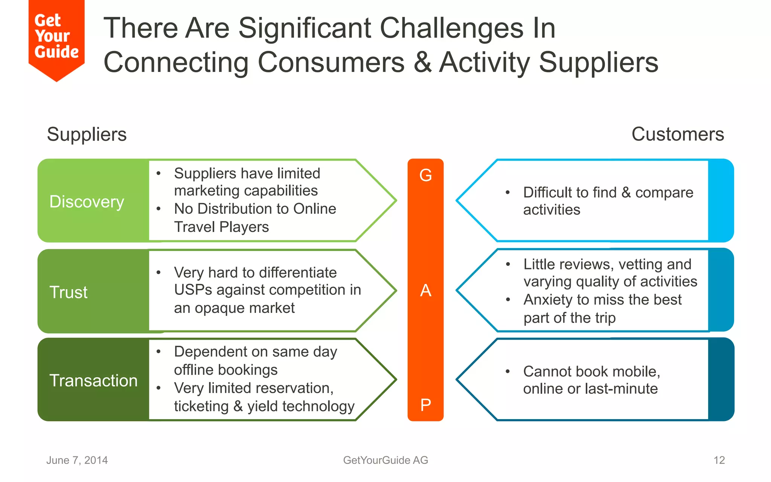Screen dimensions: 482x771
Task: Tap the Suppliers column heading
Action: (x=87, y=134)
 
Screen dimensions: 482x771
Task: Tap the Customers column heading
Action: (x=677, y=134)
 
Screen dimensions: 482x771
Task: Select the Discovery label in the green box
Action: (x=87, y=202)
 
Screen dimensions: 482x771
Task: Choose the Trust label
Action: (x=69, y=292)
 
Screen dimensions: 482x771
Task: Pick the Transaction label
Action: (x=93, y=380)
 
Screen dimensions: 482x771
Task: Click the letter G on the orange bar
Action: (x=425, y=175)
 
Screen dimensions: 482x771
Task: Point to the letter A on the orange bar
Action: (x=425, y=290)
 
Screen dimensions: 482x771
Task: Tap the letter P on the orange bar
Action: (x=425, y=405)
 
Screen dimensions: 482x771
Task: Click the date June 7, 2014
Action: (x=77, y=460)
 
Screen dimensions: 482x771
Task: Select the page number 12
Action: (x=719, y=460)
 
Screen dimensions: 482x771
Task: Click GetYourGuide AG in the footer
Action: (x=385, y=460)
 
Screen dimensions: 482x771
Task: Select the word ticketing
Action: (x=201, y=406)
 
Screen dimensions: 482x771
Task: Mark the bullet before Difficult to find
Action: (x=507, y=192)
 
